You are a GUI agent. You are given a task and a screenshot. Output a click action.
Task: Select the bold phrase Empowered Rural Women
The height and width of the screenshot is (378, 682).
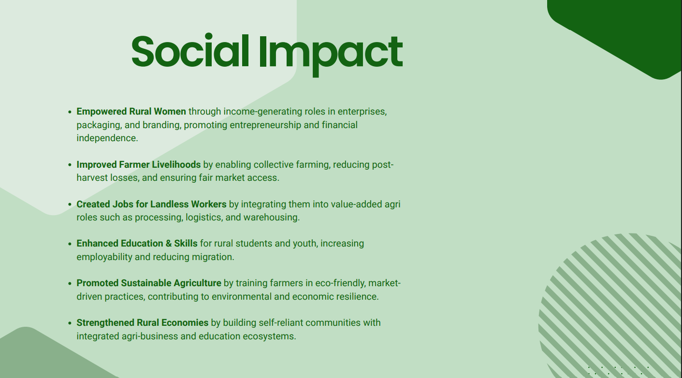(x=131, y=112)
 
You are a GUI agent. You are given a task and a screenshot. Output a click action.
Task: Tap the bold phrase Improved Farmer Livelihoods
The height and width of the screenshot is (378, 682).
(x=139, y=164)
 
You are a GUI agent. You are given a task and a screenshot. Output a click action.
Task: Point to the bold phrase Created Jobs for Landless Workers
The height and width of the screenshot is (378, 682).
(x=151, y=204)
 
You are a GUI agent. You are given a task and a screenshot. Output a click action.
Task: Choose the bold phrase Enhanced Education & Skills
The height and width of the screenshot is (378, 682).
(x=137, y=243)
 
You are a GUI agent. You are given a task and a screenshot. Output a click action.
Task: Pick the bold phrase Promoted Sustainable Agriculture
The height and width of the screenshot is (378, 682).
(x=149, y=283)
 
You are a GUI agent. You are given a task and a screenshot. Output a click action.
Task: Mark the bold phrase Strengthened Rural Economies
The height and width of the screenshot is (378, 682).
(x=143, y=322)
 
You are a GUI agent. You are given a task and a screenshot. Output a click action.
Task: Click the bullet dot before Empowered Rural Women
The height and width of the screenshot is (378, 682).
(x=70, y=112)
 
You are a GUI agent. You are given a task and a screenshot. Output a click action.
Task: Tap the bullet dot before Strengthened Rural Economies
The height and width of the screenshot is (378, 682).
(x=70, y=323)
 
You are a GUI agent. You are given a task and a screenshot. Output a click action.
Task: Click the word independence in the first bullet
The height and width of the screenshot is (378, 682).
(x=107, y=138)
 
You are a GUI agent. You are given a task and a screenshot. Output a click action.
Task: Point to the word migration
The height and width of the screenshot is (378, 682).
(x=213, y=257)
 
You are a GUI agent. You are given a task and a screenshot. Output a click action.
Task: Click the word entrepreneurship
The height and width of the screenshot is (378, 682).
(x=265, y=125)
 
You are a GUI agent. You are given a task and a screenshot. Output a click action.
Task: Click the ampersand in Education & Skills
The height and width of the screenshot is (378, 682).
(x=169, y=243)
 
